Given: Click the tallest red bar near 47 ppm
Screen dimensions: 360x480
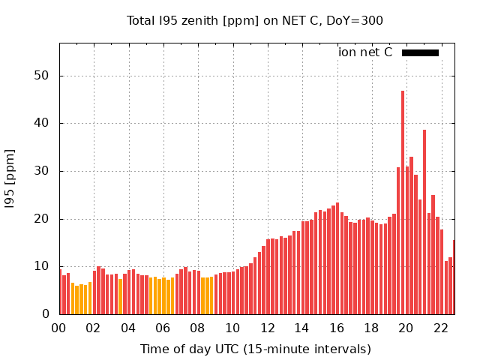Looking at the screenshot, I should point(403,202).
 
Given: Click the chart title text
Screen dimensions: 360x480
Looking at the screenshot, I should point(255,20).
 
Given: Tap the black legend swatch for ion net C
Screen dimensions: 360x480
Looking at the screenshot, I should point(420,52).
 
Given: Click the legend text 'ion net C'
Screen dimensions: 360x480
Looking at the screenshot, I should point(365,52).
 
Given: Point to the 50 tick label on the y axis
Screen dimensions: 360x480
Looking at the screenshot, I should point(42,76).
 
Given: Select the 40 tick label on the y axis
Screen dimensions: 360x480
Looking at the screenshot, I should point(42,123).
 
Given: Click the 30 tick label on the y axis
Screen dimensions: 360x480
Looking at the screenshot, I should point(42,171).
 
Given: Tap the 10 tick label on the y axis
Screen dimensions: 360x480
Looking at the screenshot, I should point(42,266).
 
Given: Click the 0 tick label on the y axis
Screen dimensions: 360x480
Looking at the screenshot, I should point(46,314).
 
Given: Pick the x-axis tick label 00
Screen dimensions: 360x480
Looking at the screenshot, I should point(59,328).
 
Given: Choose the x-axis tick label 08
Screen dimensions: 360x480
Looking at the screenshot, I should point(198,328).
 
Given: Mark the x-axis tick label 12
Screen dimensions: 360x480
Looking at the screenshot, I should point(267,328).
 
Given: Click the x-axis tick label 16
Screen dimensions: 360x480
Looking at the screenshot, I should point(337,328).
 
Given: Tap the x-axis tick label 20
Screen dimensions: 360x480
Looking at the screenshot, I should point(406,328).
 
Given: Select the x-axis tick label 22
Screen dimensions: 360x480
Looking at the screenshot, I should point(440,328).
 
